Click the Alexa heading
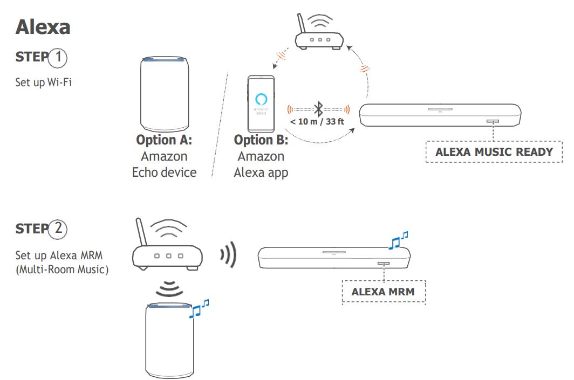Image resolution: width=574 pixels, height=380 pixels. (x=43, y=27)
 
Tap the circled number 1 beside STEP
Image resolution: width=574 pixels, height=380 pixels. (x=58, y=57)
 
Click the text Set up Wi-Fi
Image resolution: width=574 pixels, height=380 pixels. (x=43, y=84)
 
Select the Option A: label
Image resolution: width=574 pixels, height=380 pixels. (x=164, y=141)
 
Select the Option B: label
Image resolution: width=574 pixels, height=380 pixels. (x=261, y=141)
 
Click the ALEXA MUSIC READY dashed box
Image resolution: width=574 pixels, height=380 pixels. (x=494, y=151)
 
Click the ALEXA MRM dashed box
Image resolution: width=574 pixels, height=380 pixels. (x=383, y=292)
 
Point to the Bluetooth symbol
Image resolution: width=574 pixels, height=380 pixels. (x=319, y=109)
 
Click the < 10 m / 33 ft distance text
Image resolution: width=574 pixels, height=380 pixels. (x=317, y=121)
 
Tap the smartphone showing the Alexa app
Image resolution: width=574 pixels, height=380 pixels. (x=261, y=103)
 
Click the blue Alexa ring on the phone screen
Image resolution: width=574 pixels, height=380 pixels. (x=261, y=99)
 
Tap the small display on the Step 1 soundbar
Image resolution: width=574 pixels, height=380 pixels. (x=492, y=121)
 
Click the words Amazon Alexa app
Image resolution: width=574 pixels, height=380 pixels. (x=261, y=164)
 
